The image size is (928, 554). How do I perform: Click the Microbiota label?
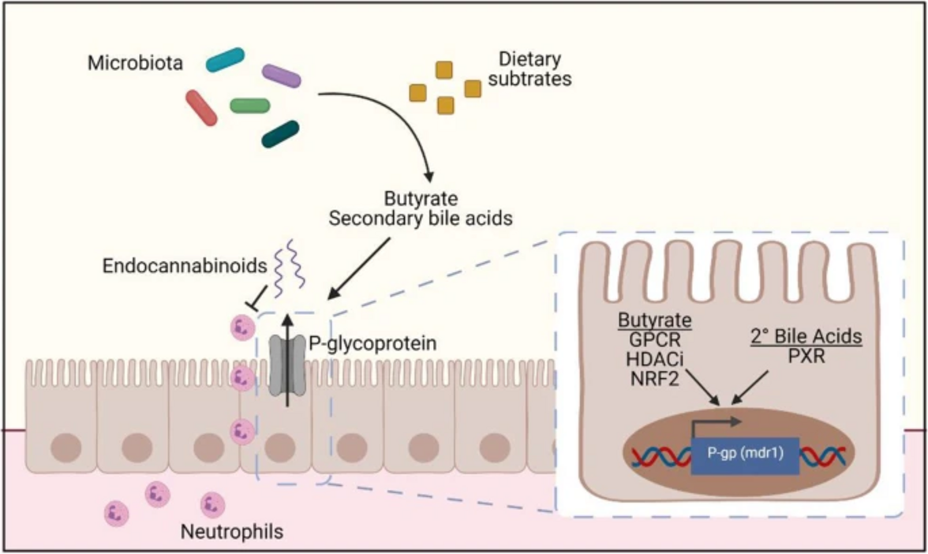[x=136, y=63]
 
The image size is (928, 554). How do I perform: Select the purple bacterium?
[x=281, y=75]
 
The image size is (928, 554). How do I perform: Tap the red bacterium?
[x=201, y=107]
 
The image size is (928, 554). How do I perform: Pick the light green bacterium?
[x=249, y=105]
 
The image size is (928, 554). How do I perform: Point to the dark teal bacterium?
[x=279, y=135]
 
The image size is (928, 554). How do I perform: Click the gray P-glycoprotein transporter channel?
[x=286, y=364]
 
